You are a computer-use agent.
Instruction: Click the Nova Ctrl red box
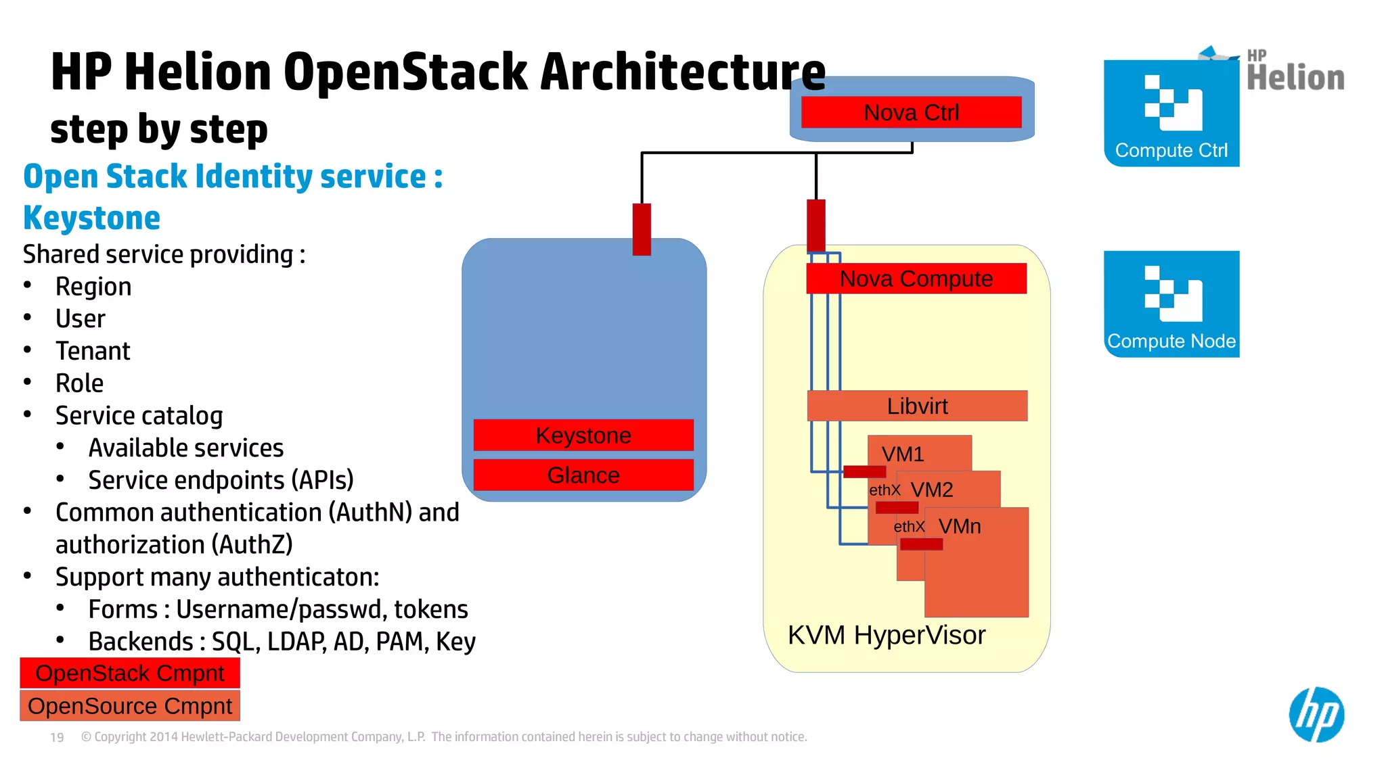[x=911, y=112]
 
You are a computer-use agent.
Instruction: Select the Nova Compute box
[x=916, y=279]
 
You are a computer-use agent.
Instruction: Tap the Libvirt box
[x=917, y=406]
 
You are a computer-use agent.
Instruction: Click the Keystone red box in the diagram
[x=583, y=435]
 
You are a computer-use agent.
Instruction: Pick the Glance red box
[x=583, y=475]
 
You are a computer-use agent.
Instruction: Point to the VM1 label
[x=903, y=454]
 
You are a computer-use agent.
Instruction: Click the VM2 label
[x=932, y=490]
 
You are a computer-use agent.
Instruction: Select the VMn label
[x=960, y=526]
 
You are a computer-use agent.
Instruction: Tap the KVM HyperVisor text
[x=887, y=635]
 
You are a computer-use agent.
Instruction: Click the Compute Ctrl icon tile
[x=1171, y=113]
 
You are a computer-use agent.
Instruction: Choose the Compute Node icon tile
[x=1171, y=304]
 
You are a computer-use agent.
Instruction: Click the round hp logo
[x=1316, y=715]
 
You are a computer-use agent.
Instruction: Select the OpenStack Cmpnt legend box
[x=130, y=674]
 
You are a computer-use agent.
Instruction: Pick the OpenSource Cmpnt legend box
[x=130, y=706]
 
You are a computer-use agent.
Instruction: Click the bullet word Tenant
[x=93, y=351]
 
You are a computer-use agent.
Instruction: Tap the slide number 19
[x=57, y=737]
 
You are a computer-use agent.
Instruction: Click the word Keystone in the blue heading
[x=92, y=218]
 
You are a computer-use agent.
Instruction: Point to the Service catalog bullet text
[x=139, y=416]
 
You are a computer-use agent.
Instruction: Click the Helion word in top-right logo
[x=1295, y=78]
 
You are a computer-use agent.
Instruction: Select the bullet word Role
[x=79, y=383]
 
